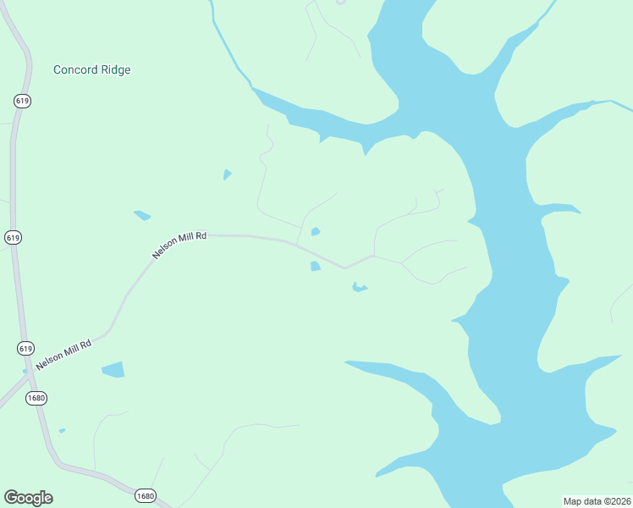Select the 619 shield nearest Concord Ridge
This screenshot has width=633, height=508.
coord(23,101)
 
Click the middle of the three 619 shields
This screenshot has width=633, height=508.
coord(13,238)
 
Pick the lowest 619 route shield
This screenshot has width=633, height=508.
coord(25,348)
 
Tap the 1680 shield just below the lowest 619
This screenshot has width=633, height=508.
coord(36,398)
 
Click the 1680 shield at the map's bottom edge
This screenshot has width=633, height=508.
coord(145,496)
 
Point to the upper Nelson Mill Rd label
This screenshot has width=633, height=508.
coord(179,245)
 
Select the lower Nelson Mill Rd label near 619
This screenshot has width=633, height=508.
coord(63,351)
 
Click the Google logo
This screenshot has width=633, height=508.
coord(28,498)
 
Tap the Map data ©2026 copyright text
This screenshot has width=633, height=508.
coord(597,501)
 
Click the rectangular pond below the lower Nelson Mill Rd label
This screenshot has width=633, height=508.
coord(113,369)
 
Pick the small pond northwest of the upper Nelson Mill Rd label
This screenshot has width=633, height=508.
coord(142,215)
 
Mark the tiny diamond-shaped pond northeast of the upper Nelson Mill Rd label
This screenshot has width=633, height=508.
coord(227,174)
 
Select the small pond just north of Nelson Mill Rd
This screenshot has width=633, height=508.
coord(316,231)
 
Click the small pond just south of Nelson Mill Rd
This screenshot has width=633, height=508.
coord(315,266)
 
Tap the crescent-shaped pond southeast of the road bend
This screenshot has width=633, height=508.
coord(360,289)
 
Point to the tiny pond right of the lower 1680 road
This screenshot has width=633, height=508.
coord(62,430)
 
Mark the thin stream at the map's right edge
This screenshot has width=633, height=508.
coord(622,105)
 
